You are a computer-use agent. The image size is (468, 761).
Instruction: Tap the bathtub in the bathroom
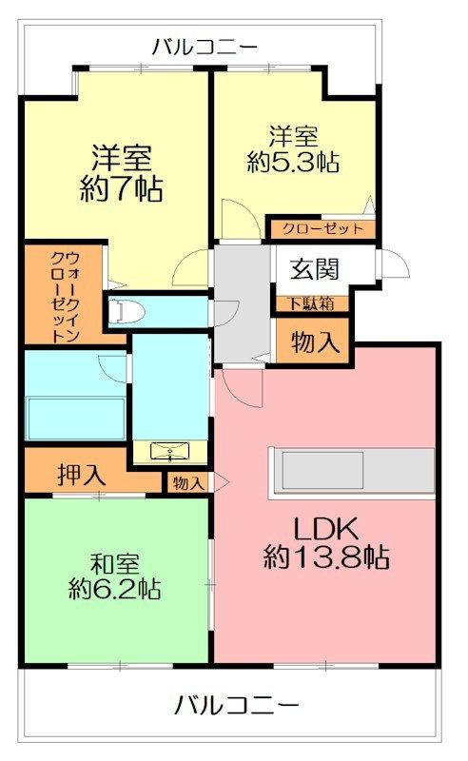pos(76,419)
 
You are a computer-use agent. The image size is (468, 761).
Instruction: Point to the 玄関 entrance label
pos(314,269)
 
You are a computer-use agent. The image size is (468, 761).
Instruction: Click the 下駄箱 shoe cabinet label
pos(312,303)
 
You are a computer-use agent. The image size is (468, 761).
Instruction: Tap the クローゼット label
pos(322,228)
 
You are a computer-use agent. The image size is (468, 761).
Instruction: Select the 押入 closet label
pos(81,475)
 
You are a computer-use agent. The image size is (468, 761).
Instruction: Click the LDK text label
pos(326,529)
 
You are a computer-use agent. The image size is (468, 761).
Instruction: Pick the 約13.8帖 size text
pos(326,556)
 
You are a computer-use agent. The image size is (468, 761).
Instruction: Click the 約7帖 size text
pos(122,187)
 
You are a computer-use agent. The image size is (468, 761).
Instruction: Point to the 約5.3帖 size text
pos(293,162)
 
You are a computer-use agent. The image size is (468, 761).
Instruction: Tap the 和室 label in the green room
pos(115,564)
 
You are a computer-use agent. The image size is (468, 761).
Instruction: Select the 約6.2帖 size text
pos(115,589)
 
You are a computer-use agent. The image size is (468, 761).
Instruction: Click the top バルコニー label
pos(205,47)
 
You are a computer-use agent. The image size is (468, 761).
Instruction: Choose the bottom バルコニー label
pos(236,705)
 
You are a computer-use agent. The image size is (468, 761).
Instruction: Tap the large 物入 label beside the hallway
pos(315,341)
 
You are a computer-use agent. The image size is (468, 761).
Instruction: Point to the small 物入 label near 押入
pos(187,483)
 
